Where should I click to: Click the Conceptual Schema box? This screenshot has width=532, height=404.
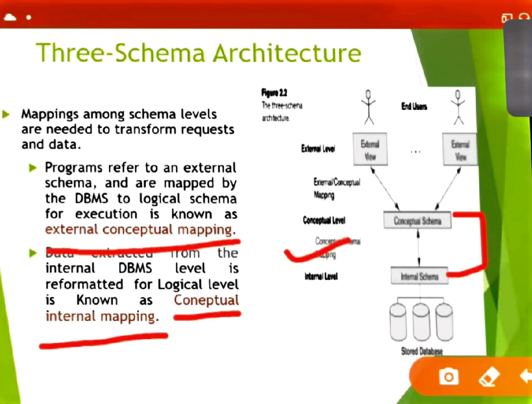pos(417,221)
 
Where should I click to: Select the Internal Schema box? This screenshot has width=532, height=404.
pos(419,276)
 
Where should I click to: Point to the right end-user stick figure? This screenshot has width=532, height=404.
pos(458,108)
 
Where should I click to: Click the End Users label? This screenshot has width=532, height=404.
pos(414,107)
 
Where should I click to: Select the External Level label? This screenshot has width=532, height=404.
pos(318,149)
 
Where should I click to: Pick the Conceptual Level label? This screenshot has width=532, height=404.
pos(324,220)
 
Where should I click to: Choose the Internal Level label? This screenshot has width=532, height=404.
pos(321,276)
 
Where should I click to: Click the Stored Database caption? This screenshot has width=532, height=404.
pos(422,351)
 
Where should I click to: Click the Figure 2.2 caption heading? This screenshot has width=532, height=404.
pos(274,93)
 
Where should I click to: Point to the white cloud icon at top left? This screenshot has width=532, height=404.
pos(10,17)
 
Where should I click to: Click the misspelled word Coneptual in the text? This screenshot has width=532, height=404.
pos(206,300)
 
